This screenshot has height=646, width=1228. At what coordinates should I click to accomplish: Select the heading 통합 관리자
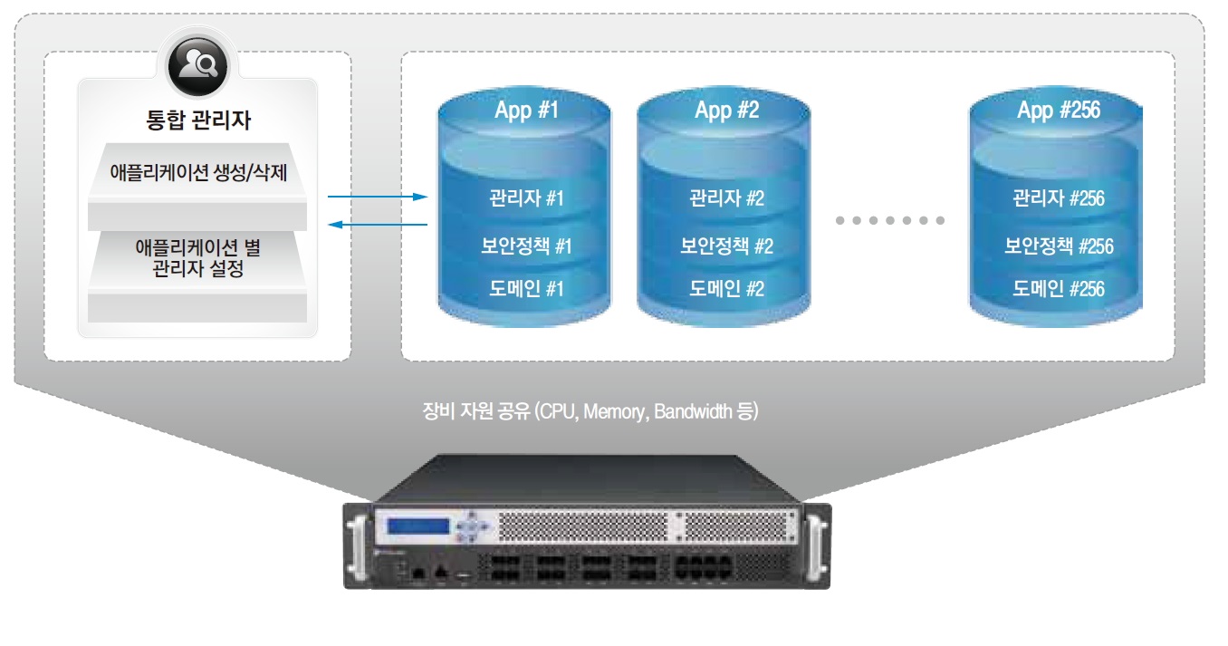[x=197, y=121]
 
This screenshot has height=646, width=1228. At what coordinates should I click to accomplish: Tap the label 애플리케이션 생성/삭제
[x=197, y=172]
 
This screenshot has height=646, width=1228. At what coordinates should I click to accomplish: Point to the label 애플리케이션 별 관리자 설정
[x=197, y=257]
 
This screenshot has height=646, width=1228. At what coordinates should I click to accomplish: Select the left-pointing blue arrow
[x=377, y=224]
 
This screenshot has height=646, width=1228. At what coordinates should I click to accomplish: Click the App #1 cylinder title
[x=524, y=111]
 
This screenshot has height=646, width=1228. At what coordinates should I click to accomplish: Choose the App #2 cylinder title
[x=726, y=111]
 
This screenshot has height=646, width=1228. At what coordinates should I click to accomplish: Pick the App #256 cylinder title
[x=1058, y=111]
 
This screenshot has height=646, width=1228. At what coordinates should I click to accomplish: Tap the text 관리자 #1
[x=525, y=198]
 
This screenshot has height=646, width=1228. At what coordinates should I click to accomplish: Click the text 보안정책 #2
[x=726, y=246]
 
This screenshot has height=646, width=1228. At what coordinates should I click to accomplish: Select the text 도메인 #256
[x=1058, y=289]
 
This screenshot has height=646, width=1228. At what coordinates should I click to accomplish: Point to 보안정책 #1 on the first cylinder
[x=525, y=246]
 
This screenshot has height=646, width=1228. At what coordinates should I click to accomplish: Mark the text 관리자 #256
[x=1058, y=198]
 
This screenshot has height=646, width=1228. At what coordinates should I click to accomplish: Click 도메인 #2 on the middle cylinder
[x=726, y=289]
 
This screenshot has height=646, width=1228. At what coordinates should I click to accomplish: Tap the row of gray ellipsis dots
[x=889, y=220]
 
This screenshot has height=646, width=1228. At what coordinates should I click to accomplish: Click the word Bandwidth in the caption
[x=693, y=412]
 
